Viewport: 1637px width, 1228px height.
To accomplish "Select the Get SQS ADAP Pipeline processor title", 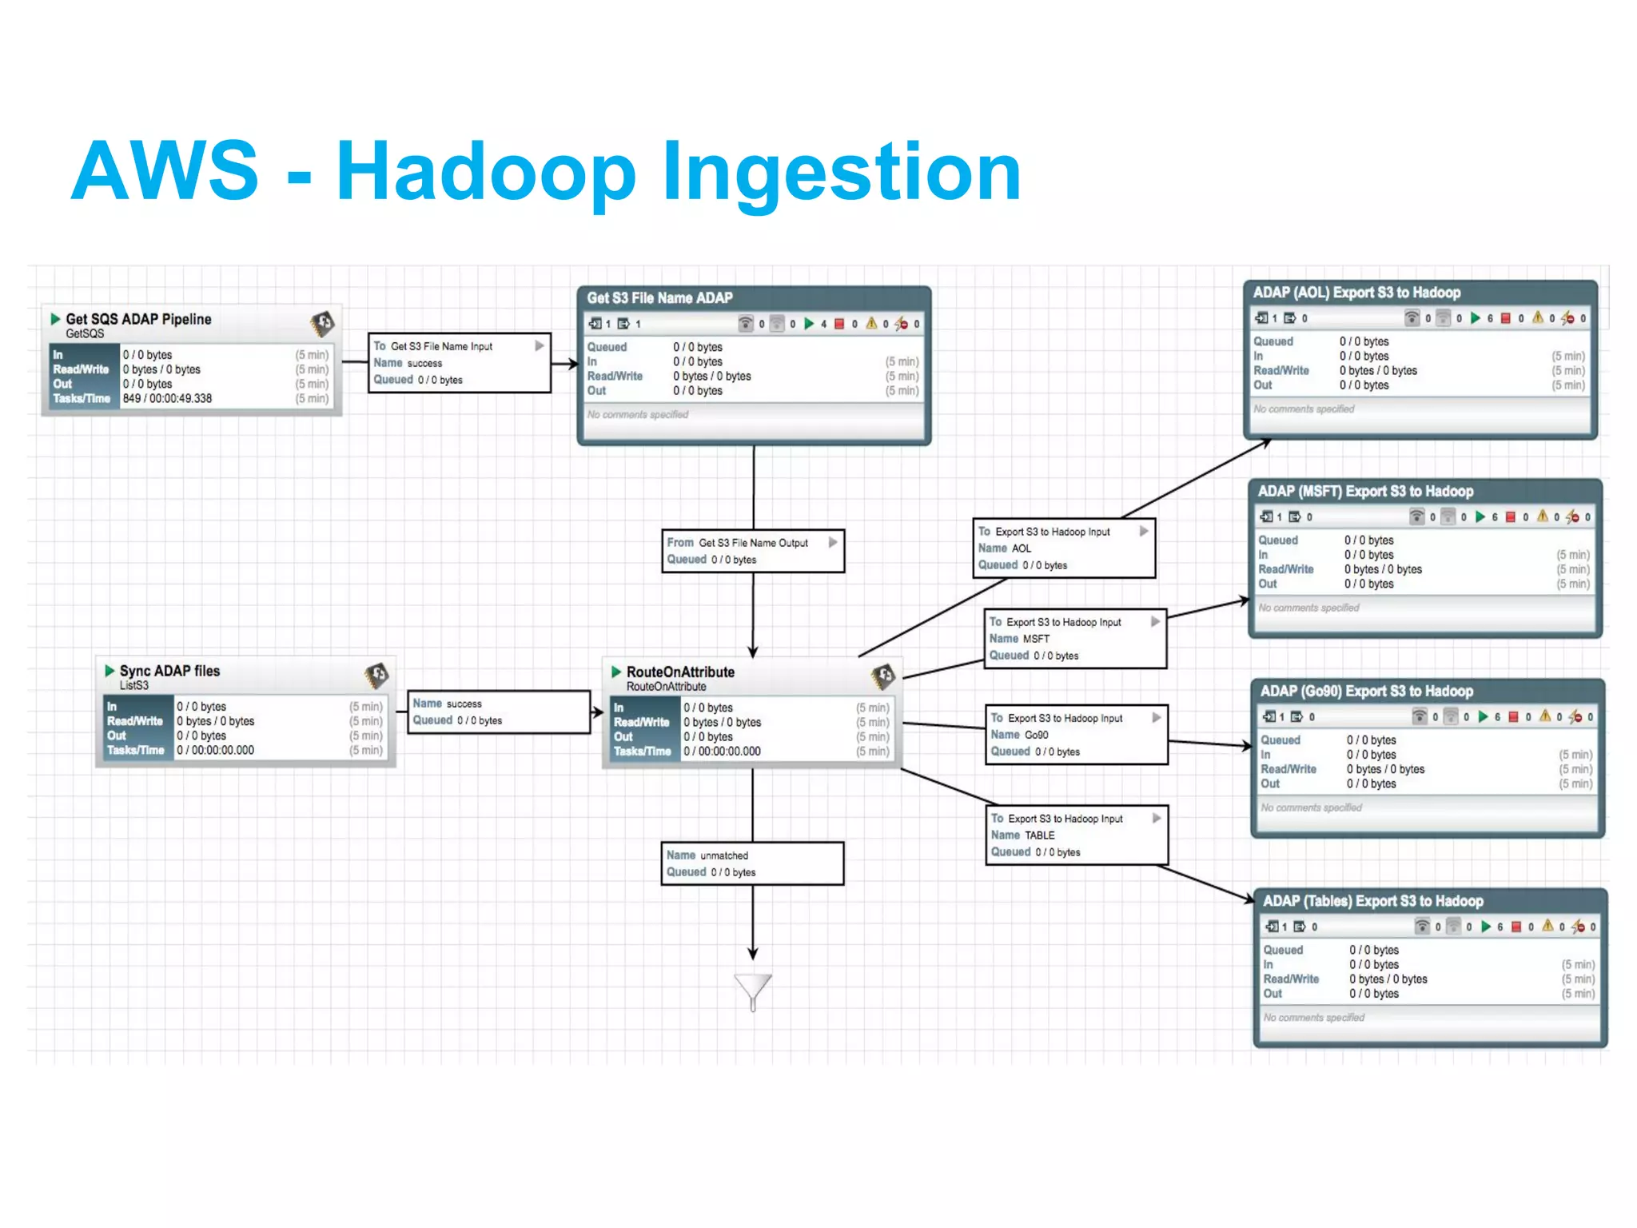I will coord(138,319).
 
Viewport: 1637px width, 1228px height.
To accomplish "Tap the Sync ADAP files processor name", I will coord(169,671).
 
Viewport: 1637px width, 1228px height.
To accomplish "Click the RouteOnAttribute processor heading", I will coord(680,672).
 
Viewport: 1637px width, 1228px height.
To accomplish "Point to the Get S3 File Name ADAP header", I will coord(659,298).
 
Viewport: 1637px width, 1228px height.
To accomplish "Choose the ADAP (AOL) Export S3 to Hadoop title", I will coord(1356,293).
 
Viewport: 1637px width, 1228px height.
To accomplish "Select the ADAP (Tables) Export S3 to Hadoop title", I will coord(1372,901).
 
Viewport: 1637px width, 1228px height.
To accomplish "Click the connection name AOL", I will coord(1022,548).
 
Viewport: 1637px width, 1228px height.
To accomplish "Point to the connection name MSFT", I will coord(1036,639).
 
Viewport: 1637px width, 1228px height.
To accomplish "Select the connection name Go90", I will coord(1036,735).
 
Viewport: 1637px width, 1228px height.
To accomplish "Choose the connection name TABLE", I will coord(1039,835).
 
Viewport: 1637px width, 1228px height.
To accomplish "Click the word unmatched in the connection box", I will coord(724,855).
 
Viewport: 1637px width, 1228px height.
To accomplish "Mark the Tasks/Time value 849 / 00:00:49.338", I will coord(167,398).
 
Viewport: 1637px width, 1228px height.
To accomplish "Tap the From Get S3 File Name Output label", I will coord(737,543).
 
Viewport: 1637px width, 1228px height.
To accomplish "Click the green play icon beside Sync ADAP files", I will coord(110,671).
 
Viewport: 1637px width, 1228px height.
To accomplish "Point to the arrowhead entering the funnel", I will coord(753,953).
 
